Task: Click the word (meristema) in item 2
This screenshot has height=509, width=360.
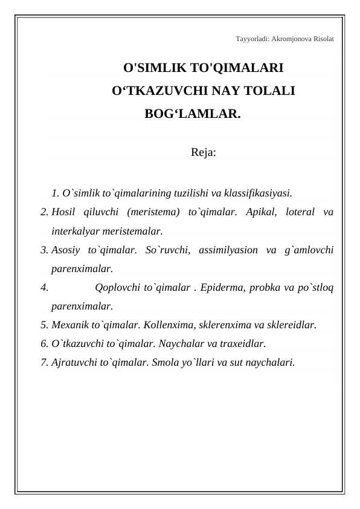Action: click(153, 212)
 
